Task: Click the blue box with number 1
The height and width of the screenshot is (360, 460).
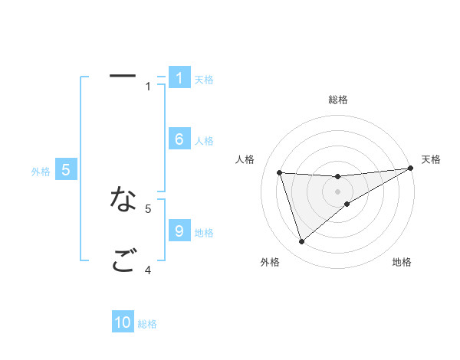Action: (179, 78)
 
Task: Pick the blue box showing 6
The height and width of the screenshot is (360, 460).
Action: (179, 139)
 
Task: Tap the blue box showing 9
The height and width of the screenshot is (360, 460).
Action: (179, 231)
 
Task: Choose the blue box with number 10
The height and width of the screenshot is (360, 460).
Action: (123, 322)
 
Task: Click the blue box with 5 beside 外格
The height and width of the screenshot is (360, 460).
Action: (66, 170)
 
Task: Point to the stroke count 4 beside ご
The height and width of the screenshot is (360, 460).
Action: (148, 270)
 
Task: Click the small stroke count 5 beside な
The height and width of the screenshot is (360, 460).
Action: (148, 208)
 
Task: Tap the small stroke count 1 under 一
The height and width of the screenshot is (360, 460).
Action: (148, 87)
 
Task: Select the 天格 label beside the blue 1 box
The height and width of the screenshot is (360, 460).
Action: (204, 80)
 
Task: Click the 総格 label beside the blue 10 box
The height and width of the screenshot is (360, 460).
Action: (147, 324)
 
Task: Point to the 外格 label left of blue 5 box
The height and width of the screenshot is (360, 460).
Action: (41, 172)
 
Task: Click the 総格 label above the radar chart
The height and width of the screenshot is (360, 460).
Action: (337, 100)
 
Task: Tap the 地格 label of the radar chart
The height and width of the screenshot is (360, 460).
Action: (402, 262)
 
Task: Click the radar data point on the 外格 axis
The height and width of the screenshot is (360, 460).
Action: (301, 242)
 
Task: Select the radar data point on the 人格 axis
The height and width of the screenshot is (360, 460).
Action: (280, 172)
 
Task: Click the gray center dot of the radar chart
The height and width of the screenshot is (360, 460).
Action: (337, 191)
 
